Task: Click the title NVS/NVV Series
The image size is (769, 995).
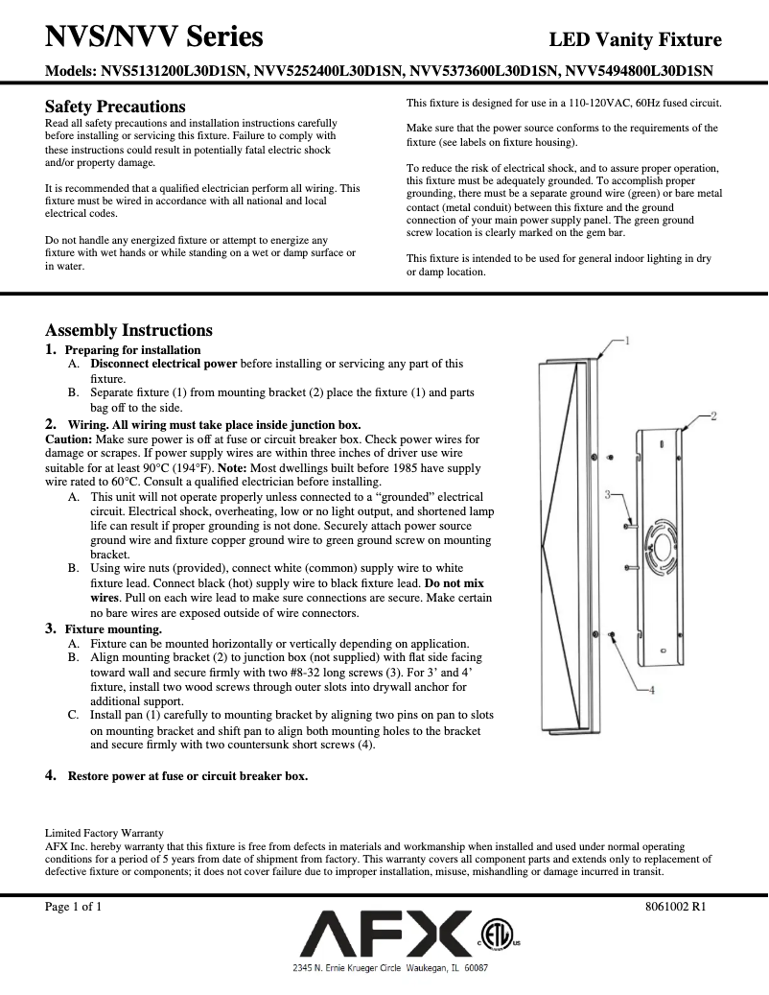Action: tap(154, 37)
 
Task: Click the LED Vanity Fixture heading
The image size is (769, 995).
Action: tap(635, 40)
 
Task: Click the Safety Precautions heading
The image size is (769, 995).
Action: tap(115, 107)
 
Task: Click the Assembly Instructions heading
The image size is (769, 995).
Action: tap(128, 330)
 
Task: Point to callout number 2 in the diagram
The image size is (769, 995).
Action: tap(713, 415)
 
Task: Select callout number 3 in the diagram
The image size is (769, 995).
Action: tap(608, 493)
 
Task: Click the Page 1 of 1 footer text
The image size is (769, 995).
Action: tap(74, 907)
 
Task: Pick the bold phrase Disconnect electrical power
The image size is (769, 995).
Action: tap(163, 364)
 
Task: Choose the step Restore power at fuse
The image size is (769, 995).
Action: tap(187, 775)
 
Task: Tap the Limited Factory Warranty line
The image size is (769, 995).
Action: tap(105, 832)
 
